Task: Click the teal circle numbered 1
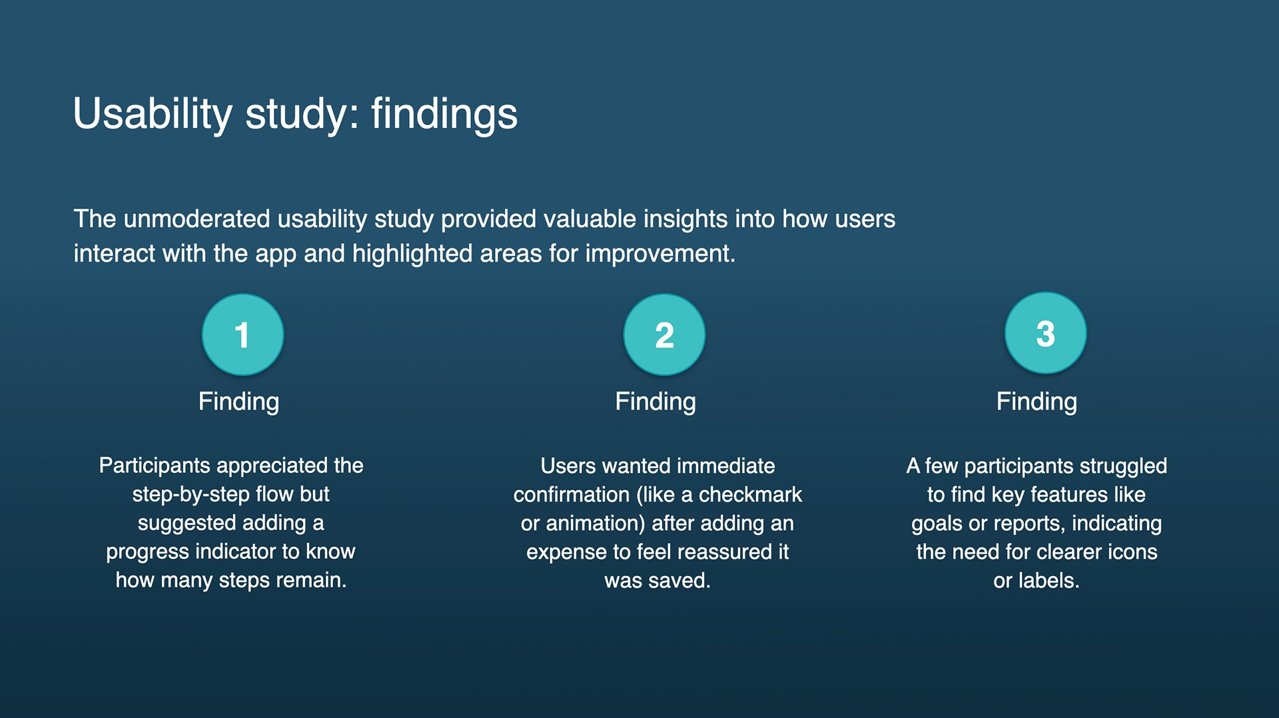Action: (242, 334)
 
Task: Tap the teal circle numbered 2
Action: (664, 334)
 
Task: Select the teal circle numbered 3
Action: (1045, 333)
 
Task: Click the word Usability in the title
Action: (153, 113)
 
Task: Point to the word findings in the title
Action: (444, 113)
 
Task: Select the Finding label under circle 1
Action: (238, 402)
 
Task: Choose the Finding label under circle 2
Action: (655, 402)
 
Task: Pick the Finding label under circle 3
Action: (1037, 402)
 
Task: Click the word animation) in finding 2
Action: (596, 524)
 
